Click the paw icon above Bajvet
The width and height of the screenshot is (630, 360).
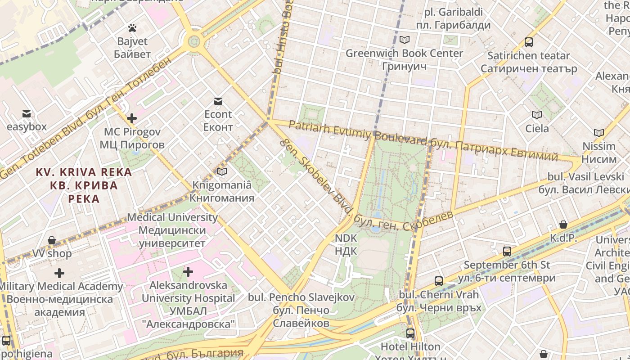132,28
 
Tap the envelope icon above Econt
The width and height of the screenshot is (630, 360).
218,101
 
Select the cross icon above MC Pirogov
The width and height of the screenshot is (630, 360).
132,119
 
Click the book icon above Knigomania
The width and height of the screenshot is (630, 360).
221,172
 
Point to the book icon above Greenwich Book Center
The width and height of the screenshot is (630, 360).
405,40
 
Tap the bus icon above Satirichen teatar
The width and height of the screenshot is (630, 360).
529,42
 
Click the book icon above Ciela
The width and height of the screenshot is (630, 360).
537,115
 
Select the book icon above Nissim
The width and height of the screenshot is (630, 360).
598,133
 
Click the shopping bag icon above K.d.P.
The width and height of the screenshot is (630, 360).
563,225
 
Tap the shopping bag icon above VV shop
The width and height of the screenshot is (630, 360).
52,240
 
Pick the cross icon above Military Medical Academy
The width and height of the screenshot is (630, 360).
59,273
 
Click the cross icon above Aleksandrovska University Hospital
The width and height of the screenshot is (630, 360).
188,272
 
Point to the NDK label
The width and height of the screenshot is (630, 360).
346,244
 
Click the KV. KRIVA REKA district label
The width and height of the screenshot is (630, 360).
84,185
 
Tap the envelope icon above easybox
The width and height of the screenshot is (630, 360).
27,114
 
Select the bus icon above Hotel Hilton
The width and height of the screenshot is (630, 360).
410,333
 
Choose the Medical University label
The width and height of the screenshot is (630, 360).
172,230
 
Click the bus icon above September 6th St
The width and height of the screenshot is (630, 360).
507,252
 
